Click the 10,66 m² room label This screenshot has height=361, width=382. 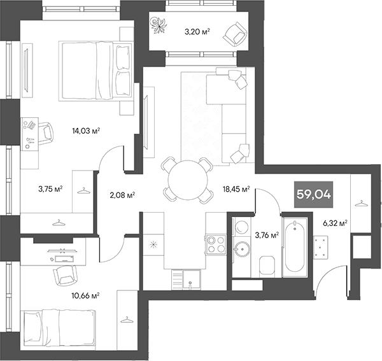click(x=86, y=295)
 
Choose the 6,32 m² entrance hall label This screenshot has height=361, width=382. click(x=334, y=223)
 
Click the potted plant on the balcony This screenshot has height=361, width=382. click(x=157, y=25)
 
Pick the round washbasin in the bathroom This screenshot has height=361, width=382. click(x=241, y=249)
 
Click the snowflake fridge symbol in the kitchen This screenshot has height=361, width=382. click(x=153, y=244)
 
